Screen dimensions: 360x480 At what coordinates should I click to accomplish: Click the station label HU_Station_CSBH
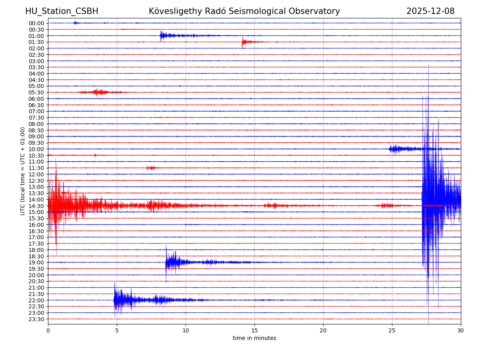(x=62, y=11)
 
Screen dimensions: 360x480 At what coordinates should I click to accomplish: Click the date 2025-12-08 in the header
(x=430, y=11)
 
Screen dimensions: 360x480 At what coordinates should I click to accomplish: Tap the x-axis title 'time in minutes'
(x=254, y=338)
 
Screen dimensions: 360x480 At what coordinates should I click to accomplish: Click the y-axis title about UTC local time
(x=23, y=171)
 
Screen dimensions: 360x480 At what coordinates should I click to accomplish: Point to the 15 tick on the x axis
(x=254, y=330)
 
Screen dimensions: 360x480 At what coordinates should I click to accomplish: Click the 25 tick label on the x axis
(x=392, y=330)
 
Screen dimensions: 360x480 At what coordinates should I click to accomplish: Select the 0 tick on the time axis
(x=48, y=330)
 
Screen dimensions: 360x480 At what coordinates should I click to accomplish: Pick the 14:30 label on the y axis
(x=36, y=206)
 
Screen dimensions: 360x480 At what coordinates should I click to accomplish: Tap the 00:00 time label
(x=36, y=23)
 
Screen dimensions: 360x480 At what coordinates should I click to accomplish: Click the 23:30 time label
(x=36, y=319)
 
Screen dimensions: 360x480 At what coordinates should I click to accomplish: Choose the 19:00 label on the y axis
(x=36, y=262)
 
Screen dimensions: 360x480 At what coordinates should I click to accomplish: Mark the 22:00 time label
(x=36, y=300)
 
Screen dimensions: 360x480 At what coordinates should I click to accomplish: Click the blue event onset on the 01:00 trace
(x=161, y=36)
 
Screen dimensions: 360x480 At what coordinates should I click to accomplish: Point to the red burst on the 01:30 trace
(x=243, y=42)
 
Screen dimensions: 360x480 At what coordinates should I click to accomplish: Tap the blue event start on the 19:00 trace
(x=167, y=262)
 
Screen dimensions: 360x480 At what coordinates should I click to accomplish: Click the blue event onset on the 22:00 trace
(x=115, y=300)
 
